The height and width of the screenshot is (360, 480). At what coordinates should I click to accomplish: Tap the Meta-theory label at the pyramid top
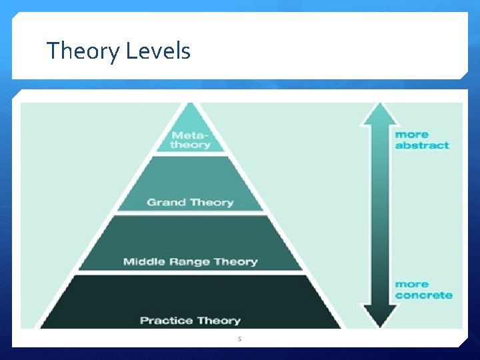click(191, 139)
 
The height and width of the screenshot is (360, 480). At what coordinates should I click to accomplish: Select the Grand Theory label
click(190, 202)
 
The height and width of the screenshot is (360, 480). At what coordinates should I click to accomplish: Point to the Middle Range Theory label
click(190, 261)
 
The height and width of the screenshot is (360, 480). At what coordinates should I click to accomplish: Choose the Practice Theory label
click(190, 321)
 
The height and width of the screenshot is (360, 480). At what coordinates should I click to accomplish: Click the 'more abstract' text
click(422, 139)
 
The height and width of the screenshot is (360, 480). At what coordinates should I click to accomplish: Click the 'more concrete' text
click(423, 289)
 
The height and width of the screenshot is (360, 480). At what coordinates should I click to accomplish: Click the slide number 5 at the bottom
click(240, 340)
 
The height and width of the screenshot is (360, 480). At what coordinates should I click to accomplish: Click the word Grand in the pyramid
click(167, 202)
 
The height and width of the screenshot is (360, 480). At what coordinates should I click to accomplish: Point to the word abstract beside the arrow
click(422, 145)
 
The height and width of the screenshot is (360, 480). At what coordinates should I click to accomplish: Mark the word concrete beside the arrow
click(423, 295)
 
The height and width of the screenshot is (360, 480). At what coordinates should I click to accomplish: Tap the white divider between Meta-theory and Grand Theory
click(191, 154)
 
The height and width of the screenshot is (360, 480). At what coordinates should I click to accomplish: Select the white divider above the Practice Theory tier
click(190, 273)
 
